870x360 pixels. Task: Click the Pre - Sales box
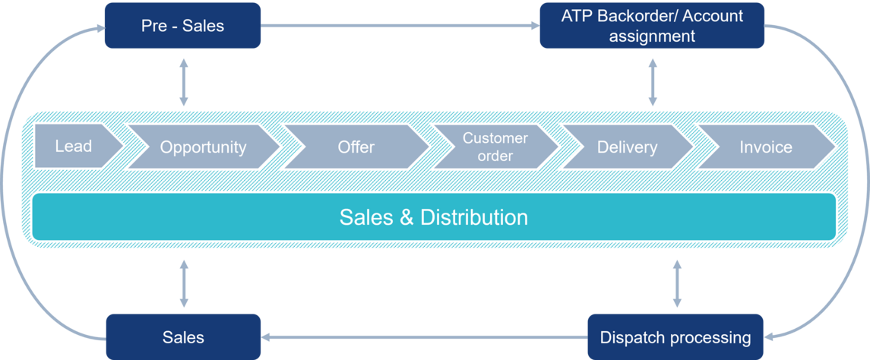pyautogui.click(x=182, y=26)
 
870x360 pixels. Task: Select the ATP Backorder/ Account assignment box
pyautogui.click(x=652, y=26)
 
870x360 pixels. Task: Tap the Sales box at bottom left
pyautogui.click(x=182, y=336)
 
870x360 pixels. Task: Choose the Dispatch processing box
pyautogui.click(x=675, y=336)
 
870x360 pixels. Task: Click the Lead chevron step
pyautogui.click(x=74, y=147)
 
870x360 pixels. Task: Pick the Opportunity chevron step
pyautogui.click(x=203, y=147)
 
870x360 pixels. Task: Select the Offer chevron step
pyautogui.click(x=356, y=147)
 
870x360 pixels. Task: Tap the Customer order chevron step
pyautogui.click(x=495, y=147)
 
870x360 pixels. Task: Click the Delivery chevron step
pyautogui.click(x=626, y=147)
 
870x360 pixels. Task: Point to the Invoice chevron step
pyautogui.click(x=765, y=147)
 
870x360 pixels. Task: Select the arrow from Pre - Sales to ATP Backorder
pyautogui.click(x=400, y=26)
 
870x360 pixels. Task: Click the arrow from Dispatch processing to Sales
pyautogui.click(x=424, y=336)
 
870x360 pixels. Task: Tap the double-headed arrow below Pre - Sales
pyautogui.click(x=183, y=80)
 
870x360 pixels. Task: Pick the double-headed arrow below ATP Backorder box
pyautogui.click(x=652, y=80)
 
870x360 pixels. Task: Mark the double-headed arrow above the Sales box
pyautogui.click(x=183, y=283)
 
